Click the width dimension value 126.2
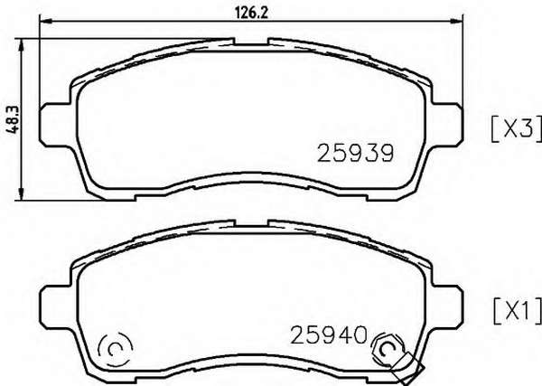coord(252,14)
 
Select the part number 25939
coord(355,153)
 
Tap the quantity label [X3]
coord(516,129)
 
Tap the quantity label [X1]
coord(517,311)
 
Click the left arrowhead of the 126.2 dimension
coord(46,22)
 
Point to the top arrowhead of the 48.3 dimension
coord(22,44)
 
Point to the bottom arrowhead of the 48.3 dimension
coord(22,193)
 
